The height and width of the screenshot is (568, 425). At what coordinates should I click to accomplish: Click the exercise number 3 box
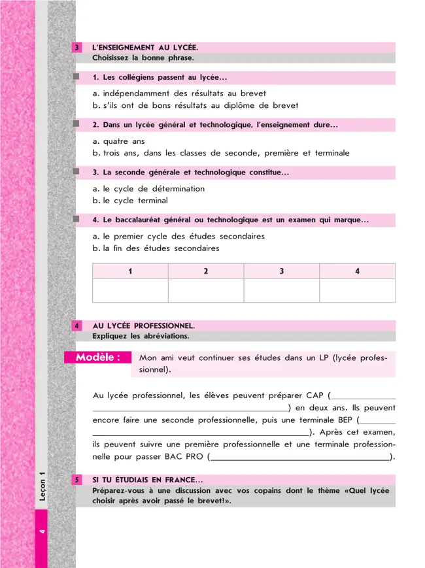(78, 48)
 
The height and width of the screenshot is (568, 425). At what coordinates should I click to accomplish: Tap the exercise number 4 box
(78, 326)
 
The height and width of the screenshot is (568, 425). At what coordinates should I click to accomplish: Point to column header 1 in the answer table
(130, 271)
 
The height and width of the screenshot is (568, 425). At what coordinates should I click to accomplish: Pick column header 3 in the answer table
(281, 271)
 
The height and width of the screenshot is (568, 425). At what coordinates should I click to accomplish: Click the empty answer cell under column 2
(206, 291)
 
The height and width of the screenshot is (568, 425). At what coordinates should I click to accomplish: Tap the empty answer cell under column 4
(357, 291)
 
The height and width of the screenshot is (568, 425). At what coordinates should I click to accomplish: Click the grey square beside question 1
(77, 77)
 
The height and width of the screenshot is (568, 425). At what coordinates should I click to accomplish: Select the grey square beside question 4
(77, 220)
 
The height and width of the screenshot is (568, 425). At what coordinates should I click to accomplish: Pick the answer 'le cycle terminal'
(135, 201)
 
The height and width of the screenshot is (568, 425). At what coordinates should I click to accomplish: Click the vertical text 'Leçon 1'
(42, 488)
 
